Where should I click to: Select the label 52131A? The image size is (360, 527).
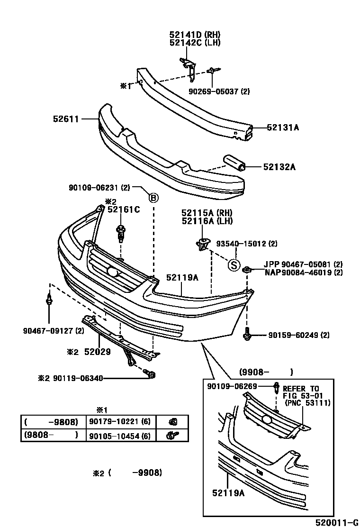(283, 127)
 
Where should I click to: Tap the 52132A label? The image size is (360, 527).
(279, 167)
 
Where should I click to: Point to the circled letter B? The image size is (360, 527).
(153, 198)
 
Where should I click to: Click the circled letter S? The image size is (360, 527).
(233, 265)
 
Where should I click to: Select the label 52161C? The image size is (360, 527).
(123, 209)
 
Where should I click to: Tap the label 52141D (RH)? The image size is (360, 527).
(195, 34)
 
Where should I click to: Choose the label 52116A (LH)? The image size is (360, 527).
(207, 221)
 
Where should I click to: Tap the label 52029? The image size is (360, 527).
(97, 352)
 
